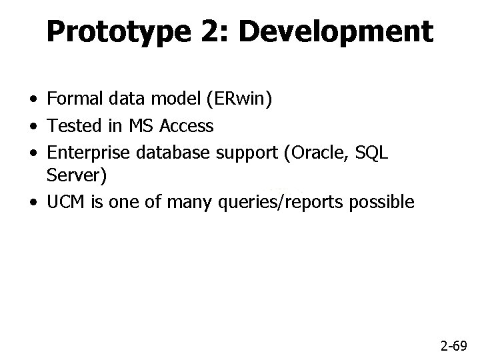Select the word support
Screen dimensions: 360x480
coord(247,152)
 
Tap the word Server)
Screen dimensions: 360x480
coord(72,176)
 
